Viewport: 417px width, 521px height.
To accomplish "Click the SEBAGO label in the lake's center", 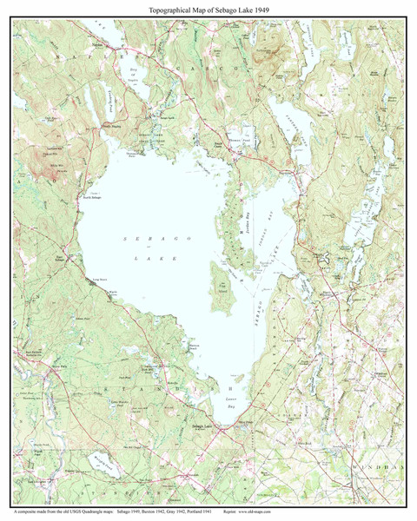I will (x=140, y=239).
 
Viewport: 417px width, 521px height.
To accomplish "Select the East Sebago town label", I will (x=60, y=257).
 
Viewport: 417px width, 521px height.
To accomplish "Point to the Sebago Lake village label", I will (x=202, y=428).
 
